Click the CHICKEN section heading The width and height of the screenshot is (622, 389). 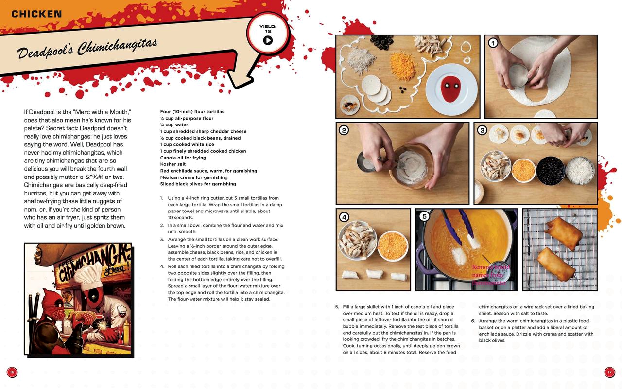tap(36, 14)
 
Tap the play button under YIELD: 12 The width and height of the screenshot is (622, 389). tap(268, 40)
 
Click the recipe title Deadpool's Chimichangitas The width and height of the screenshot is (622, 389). tap(87, 49)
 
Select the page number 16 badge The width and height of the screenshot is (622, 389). tap(12, 372)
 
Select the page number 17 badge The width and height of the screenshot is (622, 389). tap(609, 372)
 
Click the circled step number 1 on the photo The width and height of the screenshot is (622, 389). tap(493, 43)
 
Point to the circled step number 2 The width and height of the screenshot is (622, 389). tap(344, 130)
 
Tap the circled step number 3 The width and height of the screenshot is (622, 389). tap(482, 130)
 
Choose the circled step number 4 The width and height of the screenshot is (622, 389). tap(344, 217)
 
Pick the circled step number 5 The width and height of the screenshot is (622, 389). tap(424, 216)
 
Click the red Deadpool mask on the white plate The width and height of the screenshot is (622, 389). tap(451, 89)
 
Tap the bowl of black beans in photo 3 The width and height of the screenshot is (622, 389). tap(551, 171)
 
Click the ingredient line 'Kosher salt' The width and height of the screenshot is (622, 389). tap(173, 164)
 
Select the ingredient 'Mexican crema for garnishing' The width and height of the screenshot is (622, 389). tap(194, 177)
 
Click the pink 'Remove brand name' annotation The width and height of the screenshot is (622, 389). tap(491, 275)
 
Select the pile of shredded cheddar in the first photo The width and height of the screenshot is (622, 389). tap(403, 66)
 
